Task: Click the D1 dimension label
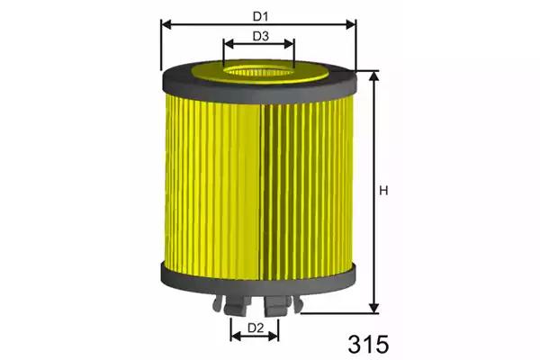click(260, 16)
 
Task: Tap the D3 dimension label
click(261, 36)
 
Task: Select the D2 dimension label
click(256, 328)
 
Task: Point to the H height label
click(383, 191)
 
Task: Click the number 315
click(368, 345)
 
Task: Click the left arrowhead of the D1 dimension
click(166, 24)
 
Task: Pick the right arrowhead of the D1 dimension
click(351, 24)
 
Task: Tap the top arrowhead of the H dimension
click(373, 76)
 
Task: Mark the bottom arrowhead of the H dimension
click(373, 309)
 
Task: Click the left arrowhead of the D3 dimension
click(229, 44)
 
